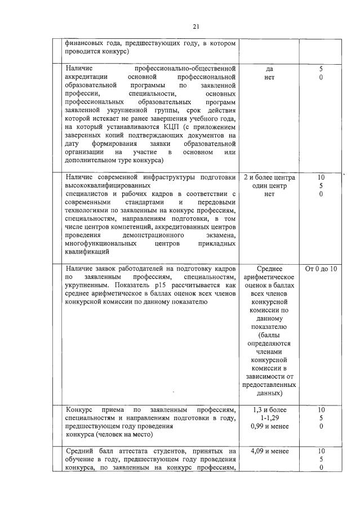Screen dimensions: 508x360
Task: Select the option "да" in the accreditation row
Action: click(x=269, y=68)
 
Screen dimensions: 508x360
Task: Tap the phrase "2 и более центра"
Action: click(x=269, y=177)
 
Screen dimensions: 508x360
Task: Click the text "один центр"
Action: click(x=269, y=186)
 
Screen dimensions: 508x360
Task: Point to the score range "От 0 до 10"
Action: click(x=321, y=269)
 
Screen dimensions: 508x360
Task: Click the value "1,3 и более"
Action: click(x=269, y=409)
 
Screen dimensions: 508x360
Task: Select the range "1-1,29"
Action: click(x=269, y=418)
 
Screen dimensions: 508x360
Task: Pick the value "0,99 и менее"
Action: click(x=269, y=426)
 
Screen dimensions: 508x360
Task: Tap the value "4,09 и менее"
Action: click(x=269, y=451)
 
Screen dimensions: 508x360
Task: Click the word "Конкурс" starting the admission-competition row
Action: click(x=81, y=409)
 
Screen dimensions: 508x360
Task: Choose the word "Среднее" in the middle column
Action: click(x=269, y=269)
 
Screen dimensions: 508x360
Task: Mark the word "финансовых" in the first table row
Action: click(x=85, y=42)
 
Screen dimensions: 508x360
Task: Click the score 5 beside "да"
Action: click(x=321, y=68)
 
